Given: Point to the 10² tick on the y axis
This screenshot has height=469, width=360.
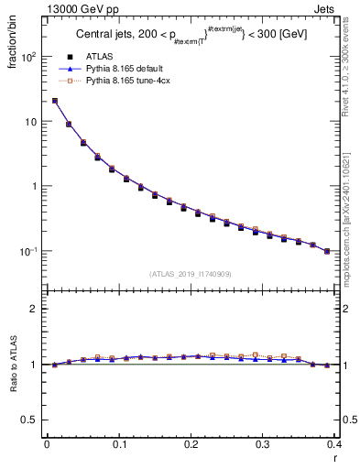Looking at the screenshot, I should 27,57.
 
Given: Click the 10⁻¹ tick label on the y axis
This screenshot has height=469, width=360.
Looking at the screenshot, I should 27,251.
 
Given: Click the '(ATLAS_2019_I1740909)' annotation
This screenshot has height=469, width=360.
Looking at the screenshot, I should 191,273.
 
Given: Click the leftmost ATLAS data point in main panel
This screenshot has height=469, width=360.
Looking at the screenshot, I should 55,101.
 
